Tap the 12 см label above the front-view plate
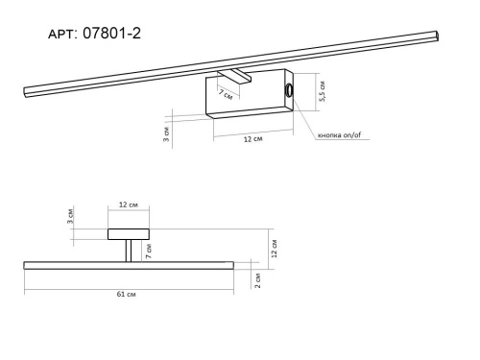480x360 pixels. (128, 205)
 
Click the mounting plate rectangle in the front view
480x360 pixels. (128, 233)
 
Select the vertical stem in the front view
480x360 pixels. (128, 251)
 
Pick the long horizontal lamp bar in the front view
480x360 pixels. (127, 265)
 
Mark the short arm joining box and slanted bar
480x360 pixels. (236, 73)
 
